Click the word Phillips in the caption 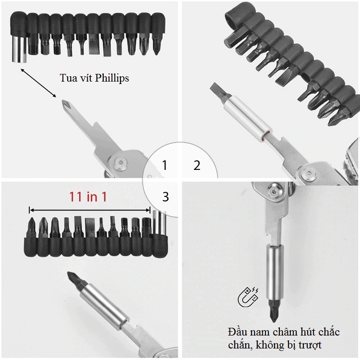point(111,78)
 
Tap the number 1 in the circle point(164,165)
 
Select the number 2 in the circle point(197,165)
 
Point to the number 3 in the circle point(166,197)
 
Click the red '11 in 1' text point(88,197)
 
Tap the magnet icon point(248,296)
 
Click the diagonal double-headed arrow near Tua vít point(38,83)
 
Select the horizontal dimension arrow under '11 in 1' point(90,210)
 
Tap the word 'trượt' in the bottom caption point(310,345)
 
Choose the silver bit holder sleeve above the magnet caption point(275,272)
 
